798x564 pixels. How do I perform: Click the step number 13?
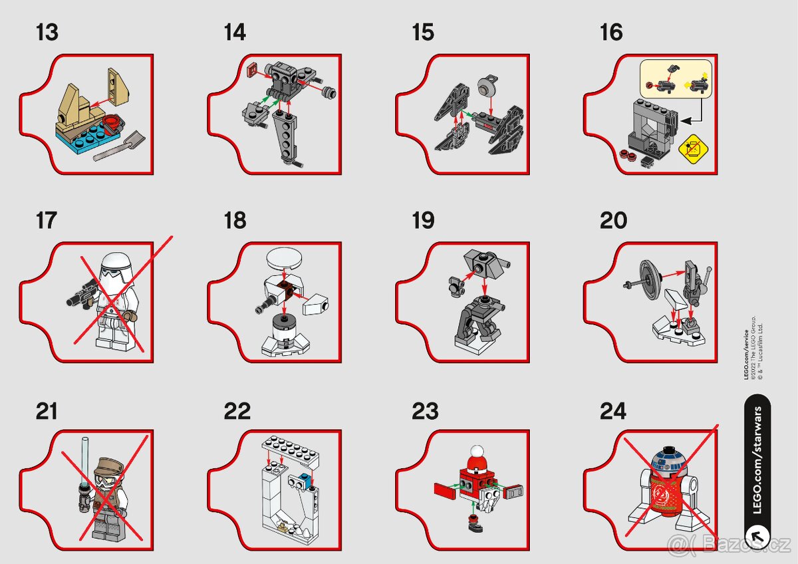(x=47, y=32)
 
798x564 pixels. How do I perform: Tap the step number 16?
(x=611, y=32)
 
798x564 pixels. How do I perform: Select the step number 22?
(x=237, y=411)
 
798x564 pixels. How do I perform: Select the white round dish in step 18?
(x=285, y=259)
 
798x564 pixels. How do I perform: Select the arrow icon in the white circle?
(x=757, y=534)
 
